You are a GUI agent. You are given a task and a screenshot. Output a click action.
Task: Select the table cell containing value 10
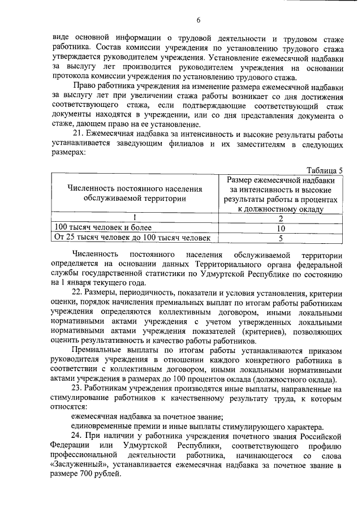click(281, 228)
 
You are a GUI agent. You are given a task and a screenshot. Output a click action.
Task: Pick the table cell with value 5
click(281, 238)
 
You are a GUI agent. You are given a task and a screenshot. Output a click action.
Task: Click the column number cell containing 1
click(134, 218)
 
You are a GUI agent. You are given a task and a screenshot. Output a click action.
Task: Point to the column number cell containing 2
click(281, 218)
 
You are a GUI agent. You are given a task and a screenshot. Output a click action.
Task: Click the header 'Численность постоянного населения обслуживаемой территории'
click(134, 193)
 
